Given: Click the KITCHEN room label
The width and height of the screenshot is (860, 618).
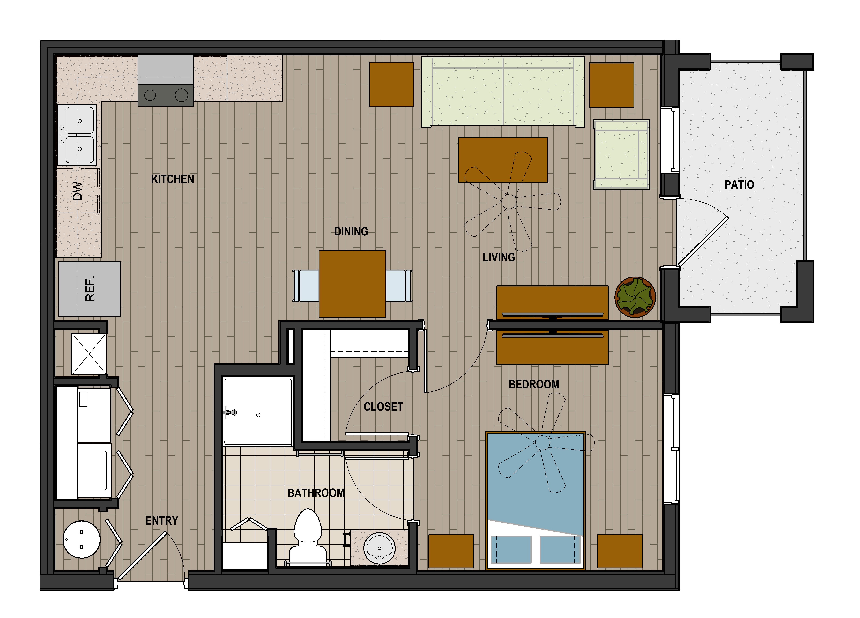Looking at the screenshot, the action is pyautogui.click(x=173, y=179).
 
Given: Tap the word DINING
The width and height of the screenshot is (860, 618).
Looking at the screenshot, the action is pyautogui.click(x=351, y=231).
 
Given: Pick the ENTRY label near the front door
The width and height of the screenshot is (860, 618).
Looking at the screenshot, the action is pyautogui.click(x=162, y=521).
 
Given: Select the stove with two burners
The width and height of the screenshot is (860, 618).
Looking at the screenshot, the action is pyautogui.click(x=166, y=80).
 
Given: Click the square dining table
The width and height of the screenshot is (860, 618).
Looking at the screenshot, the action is pyautogui.click(x=352, y=284).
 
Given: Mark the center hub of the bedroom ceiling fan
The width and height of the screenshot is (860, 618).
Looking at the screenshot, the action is pyautogui.click(x=543, y=443).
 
